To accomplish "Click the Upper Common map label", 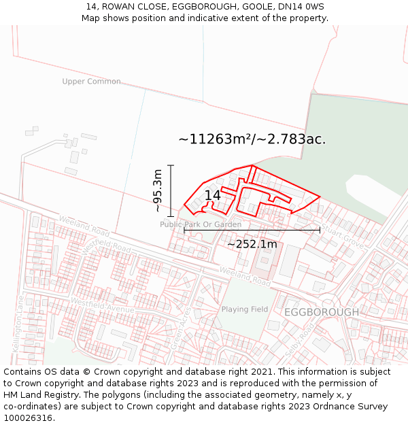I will click(91, 82).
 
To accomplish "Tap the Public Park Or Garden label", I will click(201, 224).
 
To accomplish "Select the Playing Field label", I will click(244, 309).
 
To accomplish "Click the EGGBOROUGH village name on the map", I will click(321, 312).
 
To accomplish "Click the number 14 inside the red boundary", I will click(212, 196).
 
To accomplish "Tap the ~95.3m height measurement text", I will click(158, 190).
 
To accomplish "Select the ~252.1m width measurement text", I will click(252, 244).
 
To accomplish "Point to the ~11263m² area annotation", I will click(252, 139).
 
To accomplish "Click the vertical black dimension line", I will click(171, 190).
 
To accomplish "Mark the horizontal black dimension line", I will click(252, 230).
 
